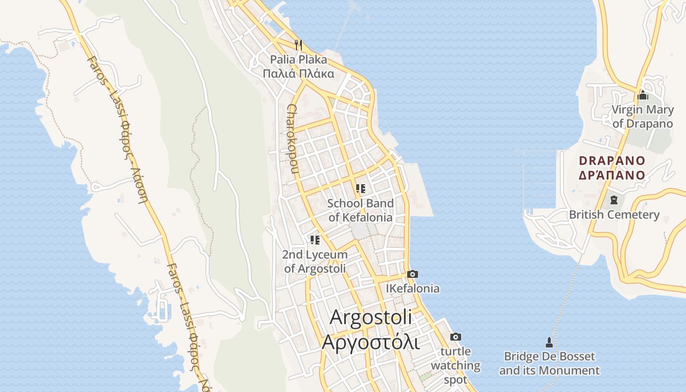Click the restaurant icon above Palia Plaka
pyautogui.click(x=298, y=45)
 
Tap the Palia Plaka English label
pyautogui.click(x=298, y=60)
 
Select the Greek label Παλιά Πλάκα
pyautogui.click(x=298, y=74)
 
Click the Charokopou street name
pyautogui.click(x=293, y=139)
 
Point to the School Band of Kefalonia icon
pyautogui.click(x=361, y=188)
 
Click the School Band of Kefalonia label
pyautogui.click(x=360, y=210)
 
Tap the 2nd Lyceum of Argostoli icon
pyautogui.click(x=315, y=240)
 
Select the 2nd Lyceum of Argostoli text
pyautogui.click(x=315, y=262)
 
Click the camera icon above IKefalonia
pyautogui.click(x=413, y=274)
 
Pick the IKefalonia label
pyautogui.click(x=413, y=289)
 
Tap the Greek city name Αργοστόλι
pyautogui.click(x=370, y=342)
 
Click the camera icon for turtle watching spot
pyautogui.click(x=456, y=337)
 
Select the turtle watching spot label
pyautogui.click(x=456, y=365)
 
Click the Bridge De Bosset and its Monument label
pyautogui.click(x=549, y=363)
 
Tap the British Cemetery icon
pyautogui.click(x=613, y=199)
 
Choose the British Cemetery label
pyautogui.click(x=614, y=215)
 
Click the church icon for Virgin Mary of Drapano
pyautogui.click(x=643, y=95)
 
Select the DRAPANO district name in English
pyautogui.click(x=612, y=160)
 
